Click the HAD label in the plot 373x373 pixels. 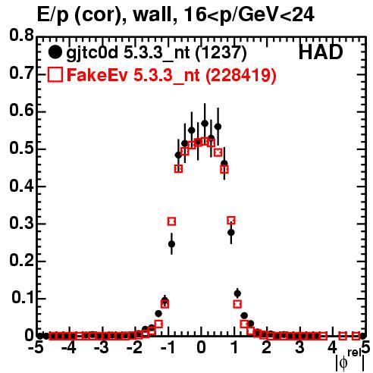(321, 52)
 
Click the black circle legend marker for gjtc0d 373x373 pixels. (55, 52)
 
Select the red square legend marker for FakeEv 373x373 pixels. (55, 74)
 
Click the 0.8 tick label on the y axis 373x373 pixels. (21, 36)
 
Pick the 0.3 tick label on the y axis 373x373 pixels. (21, 224)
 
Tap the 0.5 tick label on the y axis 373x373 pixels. (21, 149)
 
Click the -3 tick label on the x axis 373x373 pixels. (102, 347)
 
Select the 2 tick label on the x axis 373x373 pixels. (267, 347)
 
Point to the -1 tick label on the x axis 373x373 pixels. (168, 347)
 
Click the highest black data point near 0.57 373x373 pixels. (205, 124)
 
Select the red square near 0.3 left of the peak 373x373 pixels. (171, 221)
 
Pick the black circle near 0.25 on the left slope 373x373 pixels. (171, 244)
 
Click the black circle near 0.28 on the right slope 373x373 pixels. (231, 232)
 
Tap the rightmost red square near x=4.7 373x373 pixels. (356, 336)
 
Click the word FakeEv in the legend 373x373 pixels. (98, 75)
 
